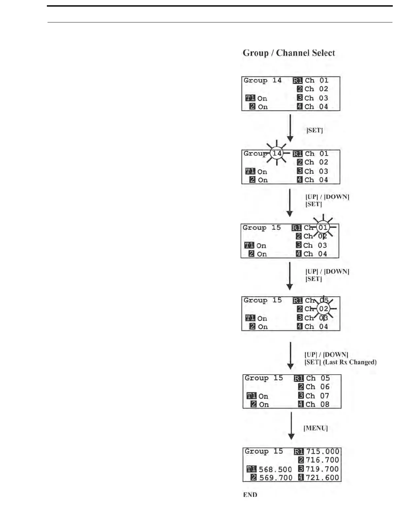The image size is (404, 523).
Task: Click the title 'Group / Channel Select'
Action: pos(289,53)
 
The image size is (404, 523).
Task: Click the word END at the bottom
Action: pos(250,495)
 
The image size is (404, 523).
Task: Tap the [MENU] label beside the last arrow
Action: pos(316,428)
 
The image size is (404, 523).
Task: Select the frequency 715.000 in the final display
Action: pos(322,451)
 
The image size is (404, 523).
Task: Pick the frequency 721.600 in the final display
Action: pos(322,477)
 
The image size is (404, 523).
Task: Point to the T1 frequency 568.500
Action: pos(275,470)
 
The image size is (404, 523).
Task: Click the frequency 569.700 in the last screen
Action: pos(276,478)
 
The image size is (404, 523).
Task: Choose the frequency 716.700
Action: pos(322,460)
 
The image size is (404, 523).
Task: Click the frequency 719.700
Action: pos(322,469)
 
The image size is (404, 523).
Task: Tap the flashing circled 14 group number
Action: pos(277,154)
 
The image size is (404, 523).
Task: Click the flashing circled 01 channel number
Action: pos(323,227)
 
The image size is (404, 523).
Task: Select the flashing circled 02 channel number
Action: pos(323,309)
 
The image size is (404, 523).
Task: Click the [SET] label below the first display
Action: pos(315,130)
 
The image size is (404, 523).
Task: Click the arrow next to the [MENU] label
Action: pos(291,426)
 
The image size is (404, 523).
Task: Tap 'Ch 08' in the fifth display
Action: pos(318,404)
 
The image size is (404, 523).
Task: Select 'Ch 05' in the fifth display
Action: pos(318,378)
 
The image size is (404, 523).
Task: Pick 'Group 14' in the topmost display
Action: pos(262,80)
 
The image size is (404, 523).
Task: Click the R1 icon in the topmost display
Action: pos(297,80)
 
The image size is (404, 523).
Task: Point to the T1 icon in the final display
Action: pos(251,469)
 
